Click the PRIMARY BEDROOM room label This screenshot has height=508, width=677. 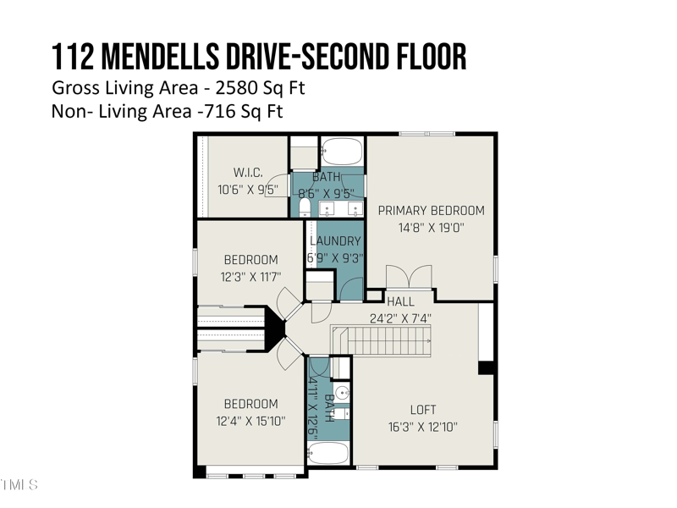click(x=431, y=210)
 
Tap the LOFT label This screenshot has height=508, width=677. click(x=423, y=410)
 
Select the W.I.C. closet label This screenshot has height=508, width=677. click(x=248, y=173)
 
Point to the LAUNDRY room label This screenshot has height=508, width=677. click(x=335, y=241)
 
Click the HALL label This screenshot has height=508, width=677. click(x=400, y=301)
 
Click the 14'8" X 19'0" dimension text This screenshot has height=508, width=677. click(x=431, y=228)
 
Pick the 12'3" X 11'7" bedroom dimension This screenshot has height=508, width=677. click(x=250, y=277)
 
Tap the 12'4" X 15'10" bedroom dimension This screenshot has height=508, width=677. click(x=250, y=421)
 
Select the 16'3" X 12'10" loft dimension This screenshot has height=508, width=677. click(x=422, y=427)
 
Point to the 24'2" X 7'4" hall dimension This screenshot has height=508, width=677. click(x=400, y=319)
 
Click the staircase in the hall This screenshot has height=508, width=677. click(x=382, y=341)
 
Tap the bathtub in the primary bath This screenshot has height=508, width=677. click(x=342, y=152)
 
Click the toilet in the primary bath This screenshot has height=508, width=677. click(x=305, y=208)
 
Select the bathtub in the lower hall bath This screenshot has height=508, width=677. click(x=327, y=453)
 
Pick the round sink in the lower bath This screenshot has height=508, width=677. click(x=342, y=394)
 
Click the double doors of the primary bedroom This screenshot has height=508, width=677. click(x=409, y=277)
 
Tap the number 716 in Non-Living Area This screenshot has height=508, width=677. click(x=220, y=112)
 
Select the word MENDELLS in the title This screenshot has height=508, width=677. click(x=160, y=57)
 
